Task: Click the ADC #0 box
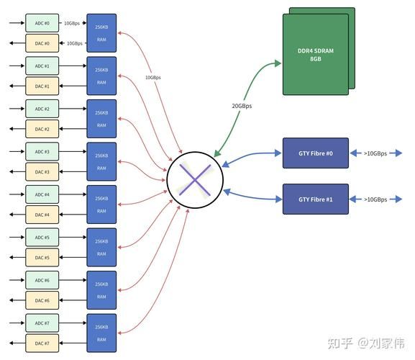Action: click(42, 23)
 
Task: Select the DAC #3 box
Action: click(42, 172)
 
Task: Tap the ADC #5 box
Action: click(42, 237)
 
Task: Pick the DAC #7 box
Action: click(42, 343)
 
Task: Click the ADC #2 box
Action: click(42, 109)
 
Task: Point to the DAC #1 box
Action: click(42, 86)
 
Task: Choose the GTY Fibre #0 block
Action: click(315, 153)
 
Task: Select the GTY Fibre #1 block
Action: click(315, 199)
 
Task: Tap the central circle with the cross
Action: click(194, 179)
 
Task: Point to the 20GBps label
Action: click(241, 106)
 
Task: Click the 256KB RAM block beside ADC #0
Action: click(101, 33)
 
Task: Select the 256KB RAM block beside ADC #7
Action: click(101, 333)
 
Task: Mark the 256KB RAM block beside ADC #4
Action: click(101, 204)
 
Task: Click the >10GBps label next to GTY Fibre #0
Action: click(375, 153)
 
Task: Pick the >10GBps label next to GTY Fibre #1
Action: click(375, 199)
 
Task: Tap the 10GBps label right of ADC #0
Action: click(73, 23)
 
